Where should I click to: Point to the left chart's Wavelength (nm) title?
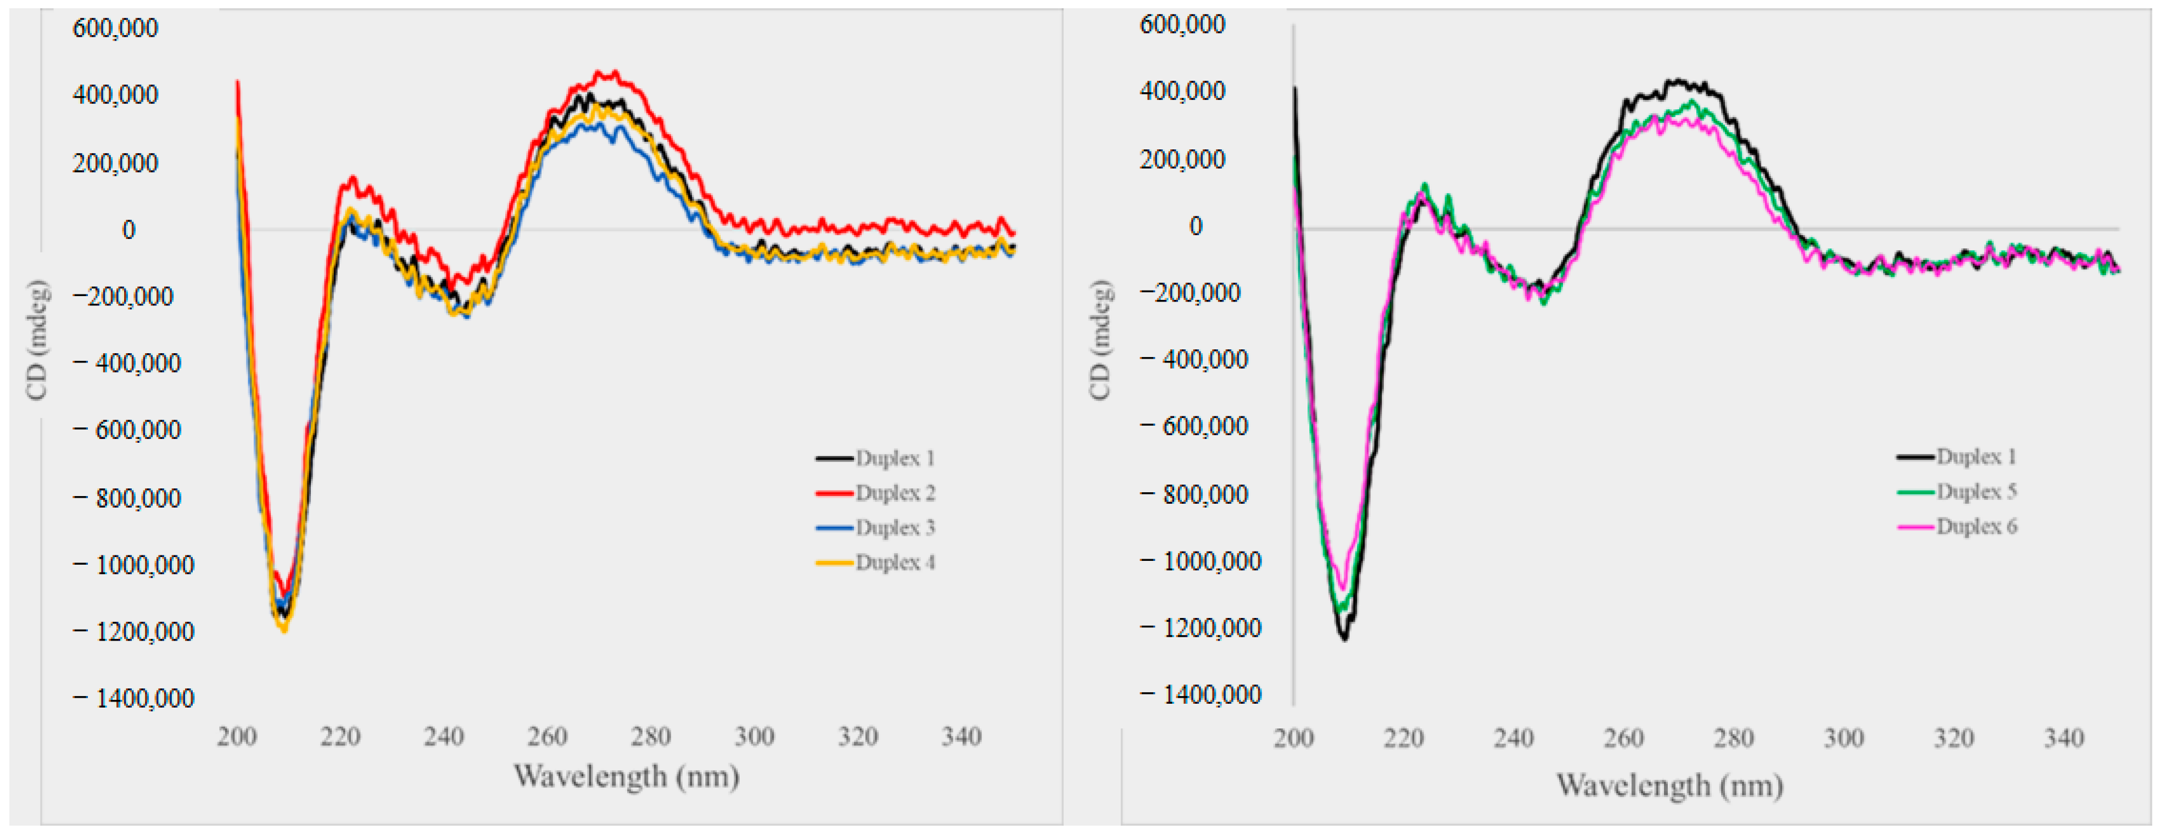click(x=626, y=776)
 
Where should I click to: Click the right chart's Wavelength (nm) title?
click(x=1669, y=786)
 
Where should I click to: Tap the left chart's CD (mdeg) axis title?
click(x=37, y=340)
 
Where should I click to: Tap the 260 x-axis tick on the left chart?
click(x=547, y=737)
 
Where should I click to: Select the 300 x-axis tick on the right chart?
click(x=1843, y=738)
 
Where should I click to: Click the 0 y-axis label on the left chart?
click(x=129, y=229)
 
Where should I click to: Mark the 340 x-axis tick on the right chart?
click(x=2064, y=738)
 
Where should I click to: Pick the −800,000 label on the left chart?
click(x=127, y=498)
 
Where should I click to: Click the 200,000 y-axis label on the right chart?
click(x=1182, y=159)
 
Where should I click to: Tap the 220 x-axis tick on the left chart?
click(x=340, y=737)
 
